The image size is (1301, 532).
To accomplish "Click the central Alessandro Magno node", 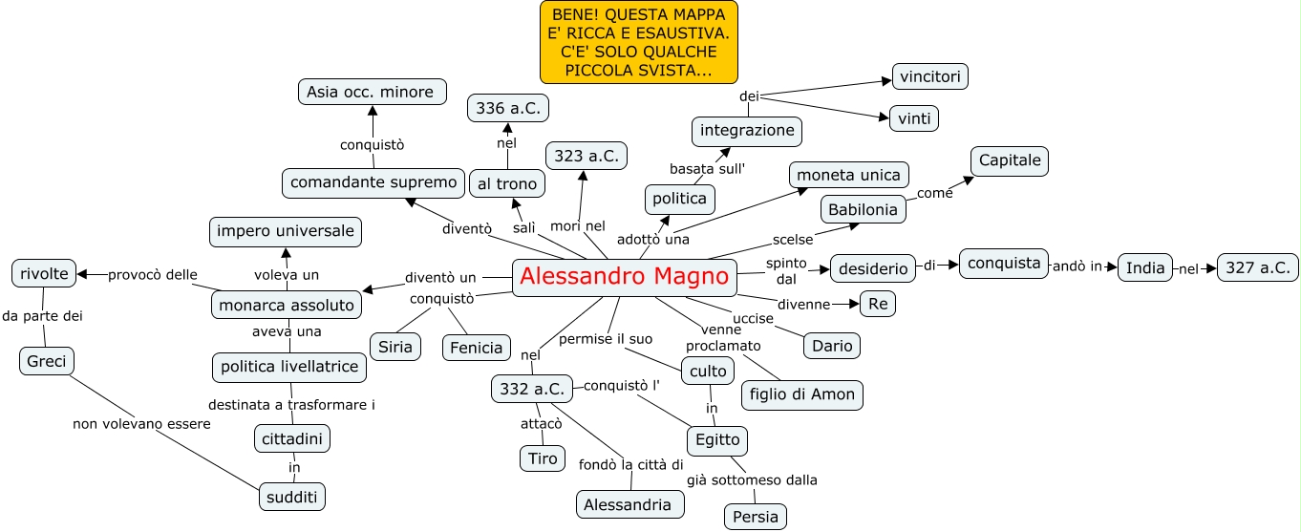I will [625, 278].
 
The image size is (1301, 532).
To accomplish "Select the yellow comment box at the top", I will [639, 41].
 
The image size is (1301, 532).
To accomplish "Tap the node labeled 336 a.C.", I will [508, 108].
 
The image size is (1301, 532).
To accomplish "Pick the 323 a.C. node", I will [586, 155].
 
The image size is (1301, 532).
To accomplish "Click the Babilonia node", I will [864, 209].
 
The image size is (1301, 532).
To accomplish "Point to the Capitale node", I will [1010, 160].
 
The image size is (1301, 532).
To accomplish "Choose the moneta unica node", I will [849, 175].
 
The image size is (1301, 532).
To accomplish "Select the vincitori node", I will [930, 76].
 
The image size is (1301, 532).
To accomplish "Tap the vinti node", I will [914, 118].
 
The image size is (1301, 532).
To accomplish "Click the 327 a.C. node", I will [1258, 267].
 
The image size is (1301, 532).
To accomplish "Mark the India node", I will [1145, 267].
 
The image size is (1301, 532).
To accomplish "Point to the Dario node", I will [832, 345].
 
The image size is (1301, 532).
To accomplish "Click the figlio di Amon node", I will [802, 394].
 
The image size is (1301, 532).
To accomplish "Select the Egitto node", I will [717, 440].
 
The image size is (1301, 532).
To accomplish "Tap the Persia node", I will [756, 517].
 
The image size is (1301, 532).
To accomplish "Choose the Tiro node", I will [543, 458].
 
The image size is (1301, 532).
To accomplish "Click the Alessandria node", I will [629, 504].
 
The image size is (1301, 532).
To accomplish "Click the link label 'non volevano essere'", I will [141, 424].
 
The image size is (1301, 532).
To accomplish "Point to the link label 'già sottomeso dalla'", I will [752, 479].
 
